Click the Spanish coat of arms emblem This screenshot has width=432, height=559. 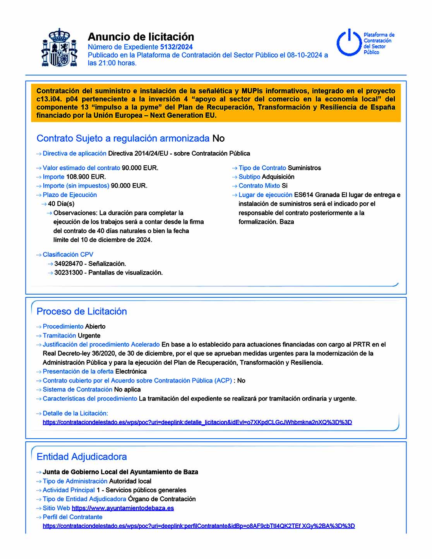59,48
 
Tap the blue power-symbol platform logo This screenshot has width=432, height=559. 349,43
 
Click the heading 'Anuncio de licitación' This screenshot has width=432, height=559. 141,37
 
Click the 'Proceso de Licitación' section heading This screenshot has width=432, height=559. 82,311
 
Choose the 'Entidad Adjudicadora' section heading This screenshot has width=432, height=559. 82,457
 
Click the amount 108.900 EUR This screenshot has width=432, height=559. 86,177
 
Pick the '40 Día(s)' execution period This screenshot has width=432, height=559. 61,204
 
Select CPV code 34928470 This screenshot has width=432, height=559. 69,264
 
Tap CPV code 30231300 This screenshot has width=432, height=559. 69,273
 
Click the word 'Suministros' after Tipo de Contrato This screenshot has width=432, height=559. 304,168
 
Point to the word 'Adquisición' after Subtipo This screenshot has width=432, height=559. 278,177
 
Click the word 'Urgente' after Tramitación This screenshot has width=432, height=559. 89,336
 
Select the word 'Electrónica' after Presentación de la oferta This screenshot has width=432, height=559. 131,372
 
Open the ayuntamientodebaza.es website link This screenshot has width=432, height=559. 123,508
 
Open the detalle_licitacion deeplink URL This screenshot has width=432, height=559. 197,422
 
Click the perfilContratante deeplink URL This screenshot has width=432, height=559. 199,526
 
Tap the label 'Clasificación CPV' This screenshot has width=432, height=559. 68,255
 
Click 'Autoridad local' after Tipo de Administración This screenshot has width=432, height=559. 130,481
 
